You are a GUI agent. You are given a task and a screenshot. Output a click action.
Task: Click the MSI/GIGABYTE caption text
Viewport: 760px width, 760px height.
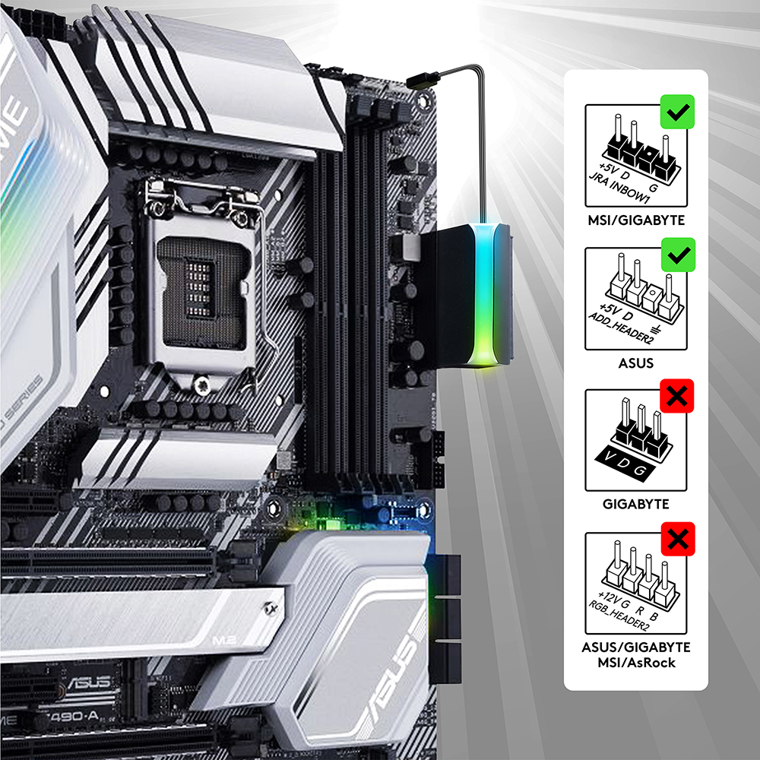tap(635, 220)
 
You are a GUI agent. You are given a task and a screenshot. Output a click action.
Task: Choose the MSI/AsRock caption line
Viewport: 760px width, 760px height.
tap(635, 663)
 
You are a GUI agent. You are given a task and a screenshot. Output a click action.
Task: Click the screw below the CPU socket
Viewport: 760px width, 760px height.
tap(201, 387)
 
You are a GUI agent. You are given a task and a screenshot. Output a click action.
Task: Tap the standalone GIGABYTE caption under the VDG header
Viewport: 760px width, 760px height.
tap(635, 504)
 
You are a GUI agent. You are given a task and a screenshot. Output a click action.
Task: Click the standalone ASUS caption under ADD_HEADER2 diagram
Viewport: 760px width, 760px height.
tap(635, 363)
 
